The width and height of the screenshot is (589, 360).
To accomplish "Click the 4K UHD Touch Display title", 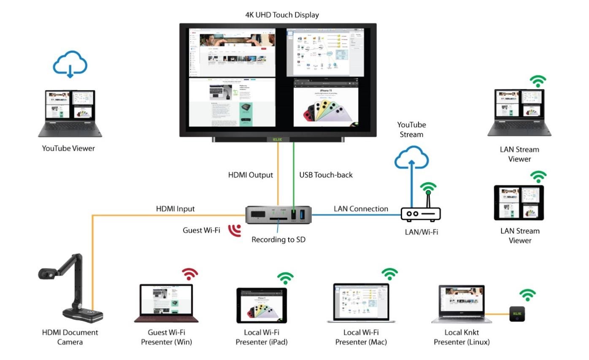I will (x=282, y=15).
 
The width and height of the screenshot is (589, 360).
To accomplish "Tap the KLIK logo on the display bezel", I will (x=278, y=138).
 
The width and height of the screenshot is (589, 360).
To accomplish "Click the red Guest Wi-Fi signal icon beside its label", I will (x=234, y=230).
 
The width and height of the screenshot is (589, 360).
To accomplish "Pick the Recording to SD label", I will (x=278, y=239).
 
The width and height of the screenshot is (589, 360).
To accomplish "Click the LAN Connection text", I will (x=361, y=208).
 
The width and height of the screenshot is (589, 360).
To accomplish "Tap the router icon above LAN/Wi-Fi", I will (x=420, y=213).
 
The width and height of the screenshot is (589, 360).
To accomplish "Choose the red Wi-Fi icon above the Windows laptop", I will (x=190, y=274).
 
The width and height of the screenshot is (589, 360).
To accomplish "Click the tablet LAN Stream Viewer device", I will (x=519, y=203).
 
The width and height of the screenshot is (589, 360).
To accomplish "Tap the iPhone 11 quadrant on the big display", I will (x=325, y=102).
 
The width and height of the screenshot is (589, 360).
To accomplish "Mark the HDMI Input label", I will (x=175, y=208).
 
